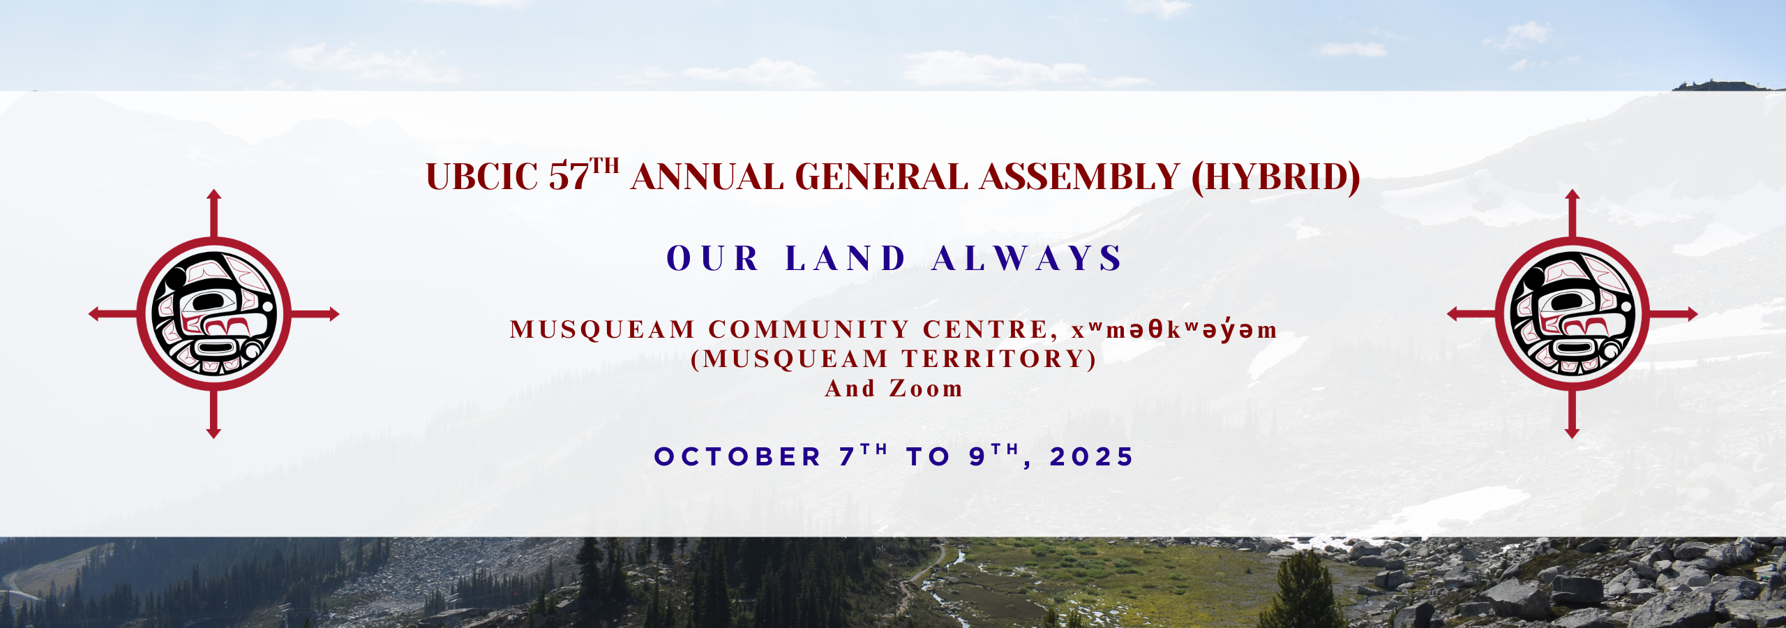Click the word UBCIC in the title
coord(481,177)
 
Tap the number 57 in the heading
coord(569,177)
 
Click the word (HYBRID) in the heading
coord(1276,177)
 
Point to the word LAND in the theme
coord(846,259)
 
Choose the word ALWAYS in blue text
coord(1027,259)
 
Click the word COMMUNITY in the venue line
coord(809,330)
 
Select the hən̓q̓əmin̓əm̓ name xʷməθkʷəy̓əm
coord(1175,330)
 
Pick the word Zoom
coord(926,389)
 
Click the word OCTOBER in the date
coord(737,457)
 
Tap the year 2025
coord(1092,457)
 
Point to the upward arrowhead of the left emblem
coord(214,195)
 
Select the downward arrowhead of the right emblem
coord(1572,433)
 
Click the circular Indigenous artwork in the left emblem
coord(214,314)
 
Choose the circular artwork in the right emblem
coord(1572,314)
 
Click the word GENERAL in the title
coord(881,177)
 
